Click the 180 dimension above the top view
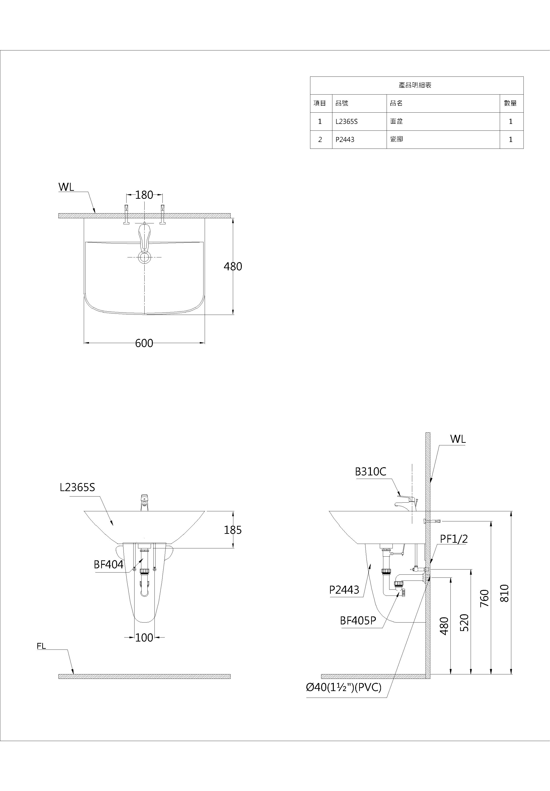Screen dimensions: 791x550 [x=144, y=195]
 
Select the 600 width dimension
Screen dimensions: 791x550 [x=144, y=343]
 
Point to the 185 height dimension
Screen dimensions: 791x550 [x=233, y=530]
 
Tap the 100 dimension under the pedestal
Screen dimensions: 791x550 [x=144, y=638]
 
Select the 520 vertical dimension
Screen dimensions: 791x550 [x=465, y=623]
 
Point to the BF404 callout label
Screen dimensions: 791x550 [x=108, y=565]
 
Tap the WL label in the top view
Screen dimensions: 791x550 [x=66, y=187]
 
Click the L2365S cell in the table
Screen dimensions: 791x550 [x=347, y=122]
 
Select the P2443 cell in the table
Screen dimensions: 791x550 [x=345, y=140]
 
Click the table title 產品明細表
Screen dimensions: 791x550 [x=415, y=85]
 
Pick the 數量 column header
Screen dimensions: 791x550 [x=510, y=103]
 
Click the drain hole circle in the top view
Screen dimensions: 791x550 [x=144, y=257]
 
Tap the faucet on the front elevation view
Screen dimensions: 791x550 [x=144, y=503]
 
